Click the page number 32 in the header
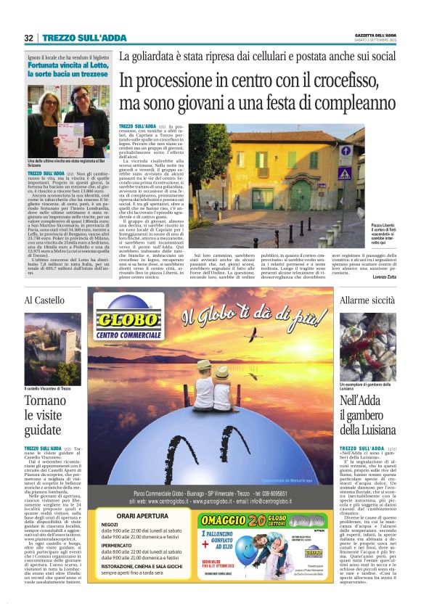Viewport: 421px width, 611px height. pyautogui.click(x=28, y=38)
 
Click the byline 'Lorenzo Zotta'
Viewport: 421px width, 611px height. pyautogui.click(x=384, y=278)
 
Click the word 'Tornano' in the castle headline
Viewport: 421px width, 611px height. pyautogui.click(x=46, y=401)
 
